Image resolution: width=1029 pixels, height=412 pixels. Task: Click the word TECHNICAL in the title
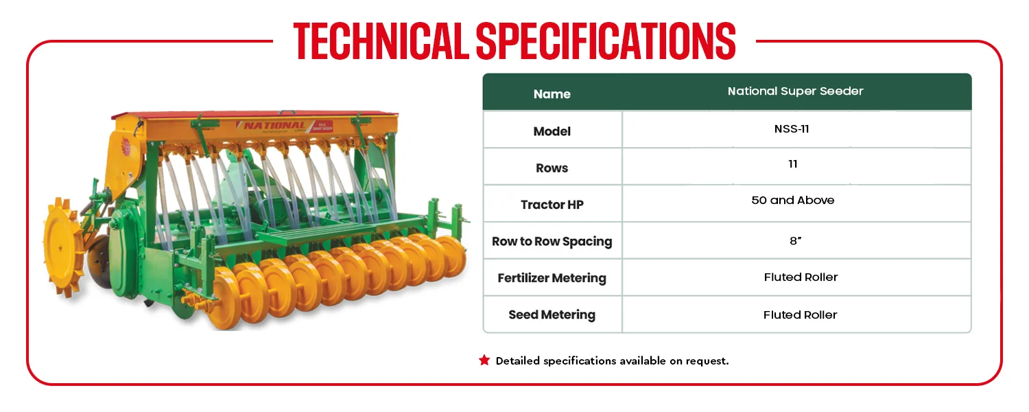coord(381,41)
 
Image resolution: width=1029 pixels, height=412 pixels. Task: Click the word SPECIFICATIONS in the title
coord(606,41)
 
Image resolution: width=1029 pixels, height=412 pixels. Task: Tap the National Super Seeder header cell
coord(795,91)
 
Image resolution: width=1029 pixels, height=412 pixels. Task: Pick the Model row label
coord(552,131)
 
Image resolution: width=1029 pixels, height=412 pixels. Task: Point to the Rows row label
coord(552,168)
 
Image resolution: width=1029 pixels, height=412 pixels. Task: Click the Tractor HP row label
coord(552,204)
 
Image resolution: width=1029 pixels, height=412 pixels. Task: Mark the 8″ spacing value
coord(796,240)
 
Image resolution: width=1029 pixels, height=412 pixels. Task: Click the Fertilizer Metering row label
coord(552,277)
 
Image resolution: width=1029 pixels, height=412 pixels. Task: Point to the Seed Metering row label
coord(552,314)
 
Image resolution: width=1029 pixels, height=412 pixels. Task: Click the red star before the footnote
coord(484,360)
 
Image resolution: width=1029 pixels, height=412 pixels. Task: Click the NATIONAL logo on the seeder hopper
coord(274,125)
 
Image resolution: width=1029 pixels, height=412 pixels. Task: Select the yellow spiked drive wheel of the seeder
coord(64,247)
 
